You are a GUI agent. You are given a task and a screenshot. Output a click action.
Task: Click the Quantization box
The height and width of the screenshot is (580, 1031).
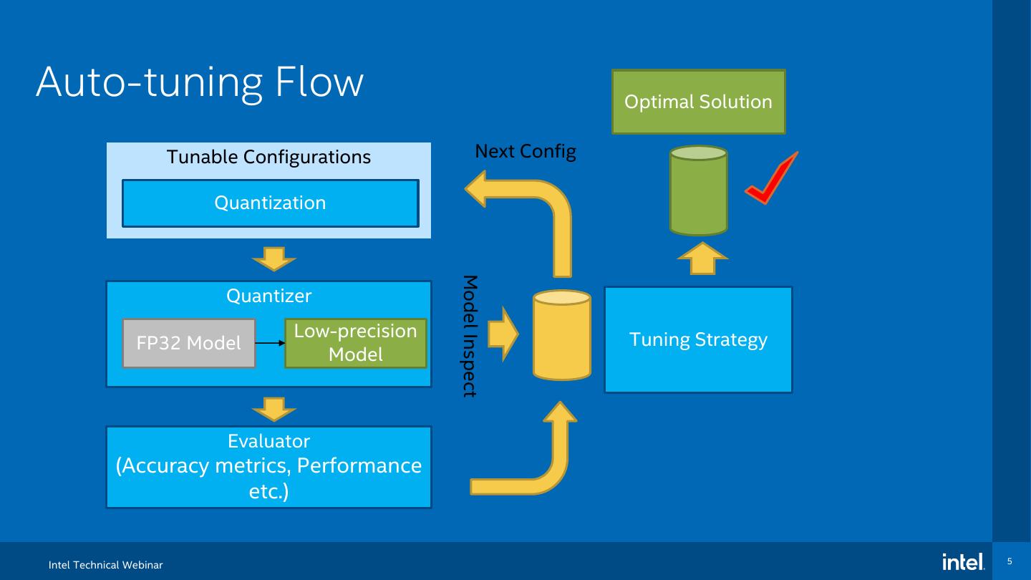click(x=270, y=203)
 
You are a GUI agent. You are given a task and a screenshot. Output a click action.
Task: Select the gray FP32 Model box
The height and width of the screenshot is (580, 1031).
click(x=189, y=344)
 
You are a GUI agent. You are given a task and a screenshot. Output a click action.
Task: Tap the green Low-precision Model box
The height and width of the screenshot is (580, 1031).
click(x=355, y=343)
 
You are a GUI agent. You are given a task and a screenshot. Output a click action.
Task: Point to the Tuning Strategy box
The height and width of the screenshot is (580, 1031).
click(x=698, y=339)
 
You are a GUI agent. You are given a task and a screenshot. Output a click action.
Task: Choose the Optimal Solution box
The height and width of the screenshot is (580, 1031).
click(x=698, y=102)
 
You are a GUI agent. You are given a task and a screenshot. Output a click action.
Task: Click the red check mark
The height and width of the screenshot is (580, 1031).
click(x=772, y=179)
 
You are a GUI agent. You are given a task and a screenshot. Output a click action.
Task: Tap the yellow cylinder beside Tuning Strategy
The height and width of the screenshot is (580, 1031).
click(x=562, y=334)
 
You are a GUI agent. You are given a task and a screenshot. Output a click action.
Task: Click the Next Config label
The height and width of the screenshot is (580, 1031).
click(x=526, y=152)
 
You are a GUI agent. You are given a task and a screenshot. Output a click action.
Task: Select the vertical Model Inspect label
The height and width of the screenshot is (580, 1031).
click(x=470, y=336)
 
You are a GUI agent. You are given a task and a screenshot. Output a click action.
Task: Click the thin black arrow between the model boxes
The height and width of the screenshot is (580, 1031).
click(x=270, y=344)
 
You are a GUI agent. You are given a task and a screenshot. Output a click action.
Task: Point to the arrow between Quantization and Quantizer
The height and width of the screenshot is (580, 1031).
click(x=274, y=258)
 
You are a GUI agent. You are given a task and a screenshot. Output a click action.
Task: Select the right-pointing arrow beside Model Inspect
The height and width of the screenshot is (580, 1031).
click(x=503, y=334)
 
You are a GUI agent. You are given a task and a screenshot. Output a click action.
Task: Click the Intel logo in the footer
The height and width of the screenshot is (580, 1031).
click(x=963, y=562)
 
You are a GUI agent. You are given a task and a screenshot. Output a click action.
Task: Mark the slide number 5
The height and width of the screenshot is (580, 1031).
click(x=1010, y=561)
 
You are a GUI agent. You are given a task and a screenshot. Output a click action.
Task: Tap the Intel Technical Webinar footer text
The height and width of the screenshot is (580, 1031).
click(x=106, y=566)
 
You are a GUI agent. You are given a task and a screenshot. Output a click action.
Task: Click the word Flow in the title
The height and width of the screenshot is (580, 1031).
click(x=319, y=82)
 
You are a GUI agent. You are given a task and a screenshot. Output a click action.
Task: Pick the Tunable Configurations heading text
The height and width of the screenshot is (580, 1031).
click(x=268, y=157)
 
